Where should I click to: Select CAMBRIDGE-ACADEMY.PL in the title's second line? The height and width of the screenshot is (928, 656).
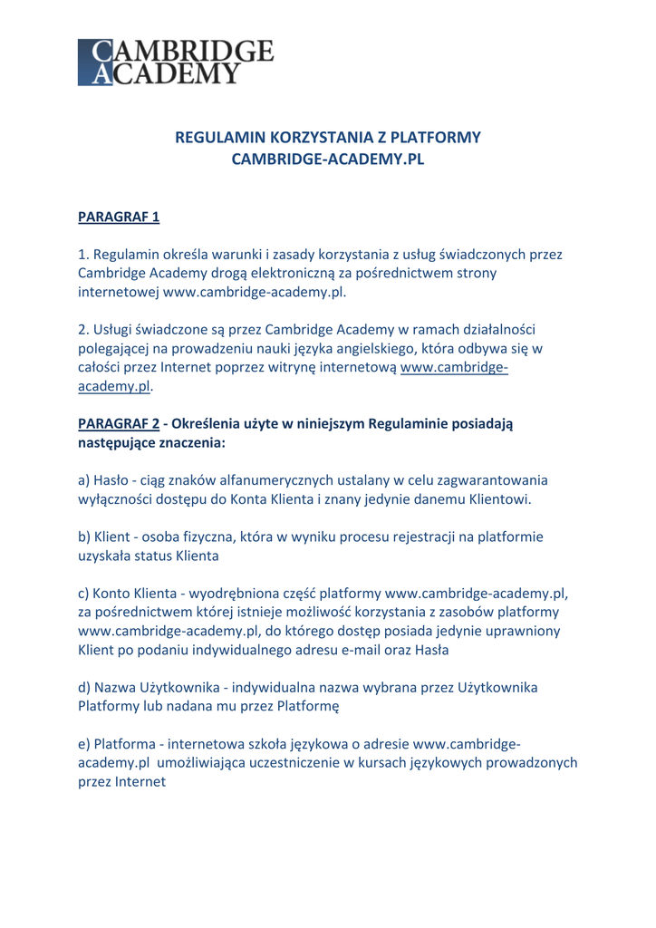coord(328,159)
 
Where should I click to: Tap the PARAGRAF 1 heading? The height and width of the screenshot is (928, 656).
coord(119,217)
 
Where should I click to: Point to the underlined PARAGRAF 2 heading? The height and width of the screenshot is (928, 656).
coord(119,423)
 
